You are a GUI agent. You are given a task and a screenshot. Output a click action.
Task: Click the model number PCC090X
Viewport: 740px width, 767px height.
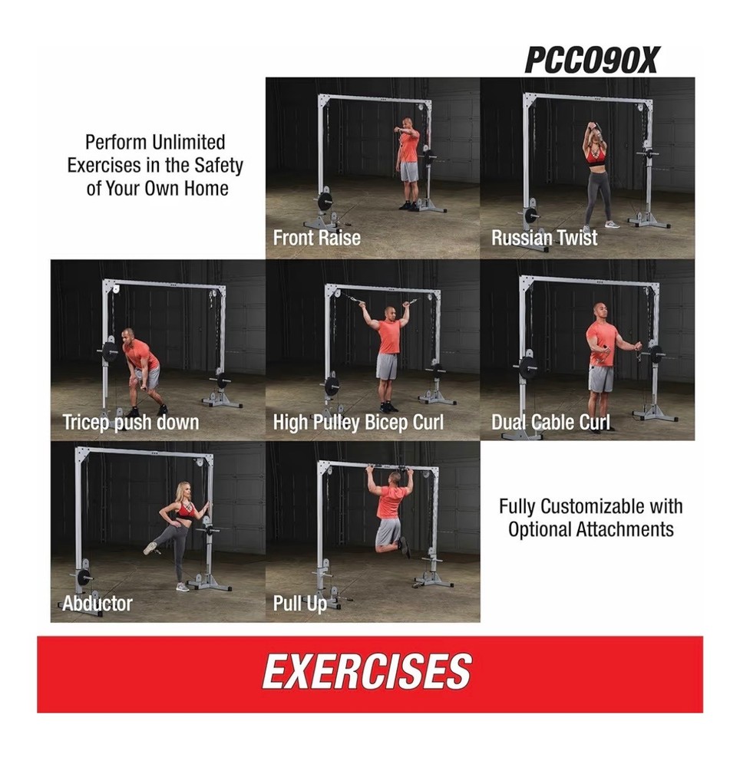pos(592,61)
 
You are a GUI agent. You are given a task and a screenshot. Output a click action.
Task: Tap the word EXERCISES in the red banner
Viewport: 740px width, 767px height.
pos(367,672)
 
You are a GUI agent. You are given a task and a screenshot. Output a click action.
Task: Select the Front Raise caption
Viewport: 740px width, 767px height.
pos(317,239)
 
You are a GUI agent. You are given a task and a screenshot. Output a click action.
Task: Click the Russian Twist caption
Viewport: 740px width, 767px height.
pos(544,238)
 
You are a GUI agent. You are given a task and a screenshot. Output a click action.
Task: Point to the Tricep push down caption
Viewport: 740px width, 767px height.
pos(130,423)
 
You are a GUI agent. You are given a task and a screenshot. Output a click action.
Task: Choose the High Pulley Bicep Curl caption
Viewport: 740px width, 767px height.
pos(358,423)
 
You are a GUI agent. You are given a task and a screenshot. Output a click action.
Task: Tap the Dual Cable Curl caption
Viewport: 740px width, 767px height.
pos(550,422)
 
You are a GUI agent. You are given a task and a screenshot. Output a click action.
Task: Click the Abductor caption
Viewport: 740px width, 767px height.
pos(97,604)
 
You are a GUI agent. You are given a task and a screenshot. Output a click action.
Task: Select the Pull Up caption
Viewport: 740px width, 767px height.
pos(300,604)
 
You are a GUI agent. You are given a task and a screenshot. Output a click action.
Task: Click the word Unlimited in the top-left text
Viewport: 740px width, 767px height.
pos(188,143)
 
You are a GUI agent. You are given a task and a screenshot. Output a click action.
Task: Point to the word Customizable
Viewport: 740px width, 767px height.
pos(592,507)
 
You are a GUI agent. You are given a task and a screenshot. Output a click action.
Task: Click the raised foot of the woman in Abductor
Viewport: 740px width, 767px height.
pos(150,548)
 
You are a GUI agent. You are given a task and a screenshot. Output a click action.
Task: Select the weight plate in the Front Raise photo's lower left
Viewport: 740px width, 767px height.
pos(325,202)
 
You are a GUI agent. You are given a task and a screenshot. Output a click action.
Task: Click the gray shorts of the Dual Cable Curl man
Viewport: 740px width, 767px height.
pos(601,379)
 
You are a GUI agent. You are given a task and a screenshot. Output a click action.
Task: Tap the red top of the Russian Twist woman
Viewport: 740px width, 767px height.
pos(595,156)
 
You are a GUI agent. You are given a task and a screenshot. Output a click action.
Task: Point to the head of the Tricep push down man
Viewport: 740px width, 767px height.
pos(127,336)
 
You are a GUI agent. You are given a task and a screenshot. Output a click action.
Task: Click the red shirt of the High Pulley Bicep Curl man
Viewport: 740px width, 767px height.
pos(390,337)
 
